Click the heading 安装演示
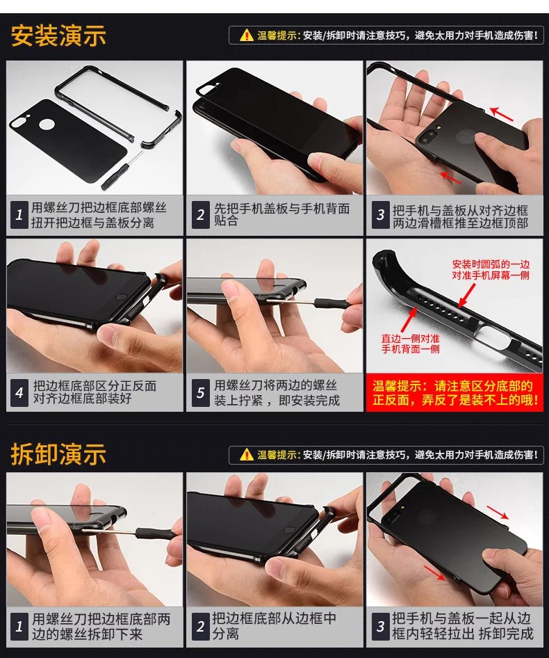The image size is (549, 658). [x=58, y=35]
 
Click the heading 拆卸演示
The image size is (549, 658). [x=58, y=454]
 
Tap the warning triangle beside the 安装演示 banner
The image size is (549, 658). [x=247, y=35]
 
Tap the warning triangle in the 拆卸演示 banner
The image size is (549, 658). [x=247, y=454]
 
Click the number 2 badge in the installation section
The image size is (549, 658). [x=200, y=216]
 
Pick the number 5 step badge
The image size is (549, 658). [x=200, y=393]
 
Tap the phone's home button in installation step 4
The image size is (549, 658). [x=121, y=298]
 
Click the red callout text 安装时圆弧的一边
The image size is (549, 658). [x=491, y=264]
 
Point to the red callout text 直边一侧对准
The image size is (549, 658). [x=410, y=338]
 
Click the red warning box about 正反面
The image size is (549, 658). [x=454, y=393]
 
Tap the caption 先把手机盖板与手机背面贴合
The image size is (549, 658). [x=281, y=214]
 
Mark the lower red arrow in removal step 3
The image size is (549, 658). [x=435, y=572]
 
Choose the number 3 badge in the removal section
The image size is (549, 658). [x=380, y=627]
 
